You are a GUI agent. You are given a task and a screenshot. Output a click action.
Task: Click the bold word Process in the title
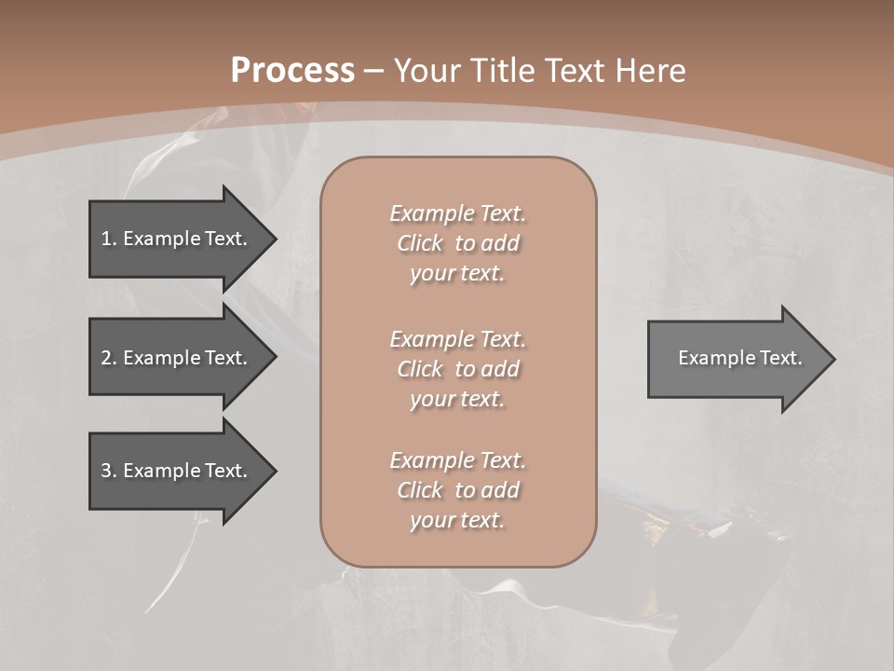[x=292, y=71]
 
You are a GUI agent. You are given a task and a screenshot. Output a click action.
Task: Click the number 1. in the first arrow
[x=109, y=239]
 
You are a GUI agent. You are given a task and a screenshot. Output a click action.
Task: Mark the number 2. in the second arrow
[x=109, y=358]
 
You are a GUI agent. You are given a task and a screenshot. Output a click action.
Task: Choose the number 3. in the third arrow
[x=109, y=471]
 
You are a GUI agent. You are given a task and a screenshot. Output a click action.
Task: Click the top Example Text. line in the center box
[x=457, y=213]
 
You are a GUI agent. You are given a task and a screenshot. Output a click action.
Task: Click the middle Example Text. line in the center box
[x=457, y=339]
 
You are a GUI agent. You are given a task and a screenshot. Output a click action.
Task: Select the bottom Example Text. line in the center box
[x=457, y=460]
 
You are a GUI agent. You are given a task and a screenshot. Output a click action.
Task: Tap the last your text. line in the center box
[x=457, y=520]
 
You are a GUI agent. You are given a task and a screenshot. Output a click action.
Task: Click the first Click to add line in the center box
[x=457, y=243]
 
